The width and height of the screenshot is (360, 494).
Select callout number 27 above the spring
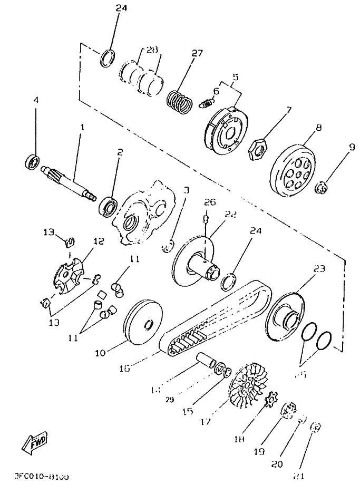[197, 53]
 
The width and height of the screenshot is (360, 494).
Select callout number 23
[318, 269]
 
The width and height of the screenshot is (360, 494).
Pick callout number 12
[99, 241]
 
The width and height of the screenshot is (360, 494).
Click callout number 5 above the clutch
[235, 77]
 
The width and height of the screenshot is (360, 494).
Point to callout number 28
[152, 50]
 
